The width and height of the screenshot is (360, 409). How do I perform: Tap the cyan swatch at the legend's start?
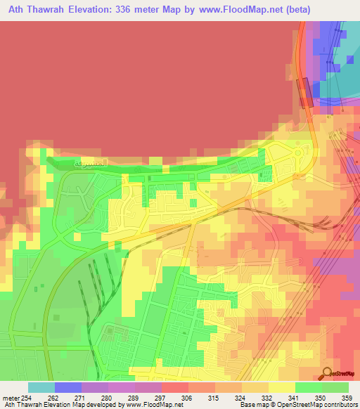point(41,387)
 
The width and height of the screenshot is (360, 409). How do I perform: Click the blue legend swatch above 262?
point(68,387)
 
